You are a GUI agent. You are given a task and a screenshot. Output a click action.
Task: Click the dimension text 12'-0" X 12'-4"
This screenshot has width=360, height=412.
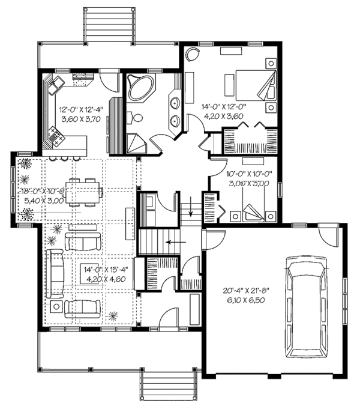[x=81, y=110]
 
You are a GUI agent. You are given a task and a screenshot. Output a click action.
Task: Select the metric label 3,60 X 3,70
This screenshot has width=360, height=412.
[x=81, y=119]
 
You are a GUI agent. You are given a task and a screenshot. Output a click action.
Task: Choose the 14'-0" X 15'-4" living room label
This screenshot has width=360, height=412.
[x=104, y=269]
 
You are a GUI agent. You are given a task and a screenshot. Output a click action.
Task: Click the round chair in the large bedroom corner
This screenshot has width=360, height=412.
[x=192, y=55]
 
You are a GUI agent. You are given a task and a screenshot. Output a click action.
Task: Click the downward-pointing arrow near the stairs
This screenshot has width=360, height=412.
[x=191, y=208]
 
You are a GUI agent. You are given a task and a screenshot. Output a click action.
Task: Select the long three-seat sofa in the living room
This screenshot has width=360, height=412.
[x=58, y=273]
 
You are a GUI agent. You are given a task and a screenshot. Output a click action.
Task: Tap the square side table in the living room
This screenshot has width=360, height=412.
[x=56, y=307]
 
